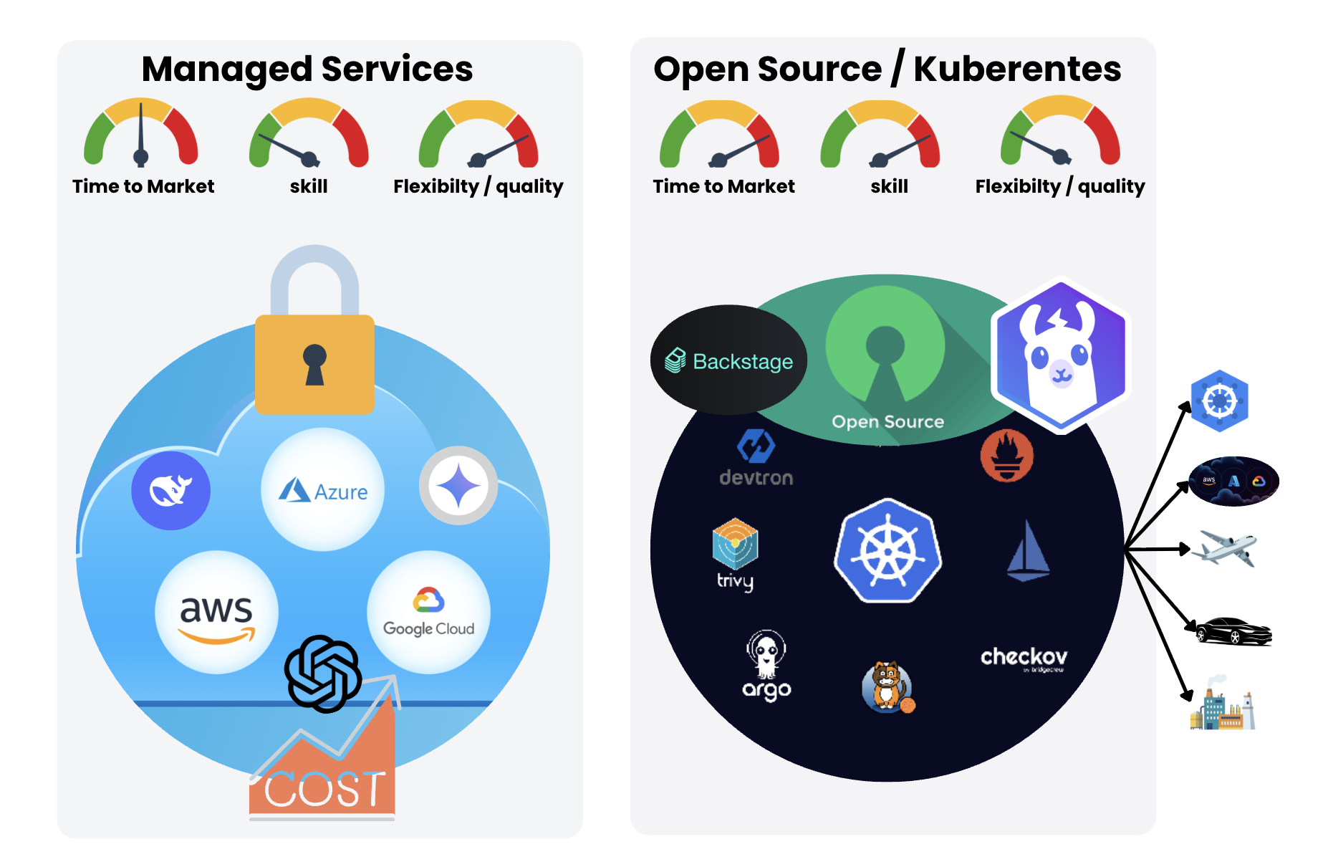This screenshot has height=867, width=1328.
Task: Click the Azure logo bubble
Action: [323, 490]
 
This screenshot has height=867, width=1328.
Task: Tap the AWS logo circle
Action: [216, 613]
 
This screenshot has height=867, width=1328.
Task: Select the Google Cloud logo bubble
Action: [428, 613]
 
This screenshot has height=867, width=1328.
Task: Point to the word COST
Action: [324, 790]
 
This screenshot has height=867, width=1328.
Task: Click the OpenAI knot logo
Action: [323, 674]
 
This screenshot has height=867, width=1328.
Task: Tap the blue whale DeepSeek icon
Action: [170, 491]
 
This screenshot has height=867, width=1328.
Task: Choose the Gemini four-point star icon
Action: [458, 486]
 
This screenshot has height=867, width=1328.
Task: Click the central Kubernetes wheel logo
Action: [888, 551]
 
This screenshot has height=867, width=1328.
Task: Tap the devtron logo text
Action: [756, 477]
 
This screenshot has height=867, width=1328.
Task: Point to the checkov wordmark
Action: [1024, 656]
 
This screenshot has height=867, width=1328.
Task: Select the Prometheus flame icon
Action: [1007, 456]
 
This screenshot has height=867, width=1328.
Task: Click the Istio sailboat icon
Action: [1028, 551]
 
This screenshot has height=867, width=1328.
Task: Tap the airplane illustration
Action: [1227, 548]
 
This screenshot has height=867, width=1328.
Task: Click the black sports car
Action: [1233, 631]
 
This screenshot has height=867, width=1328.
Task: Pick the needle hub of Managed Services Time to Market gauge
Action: [141, 156]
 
